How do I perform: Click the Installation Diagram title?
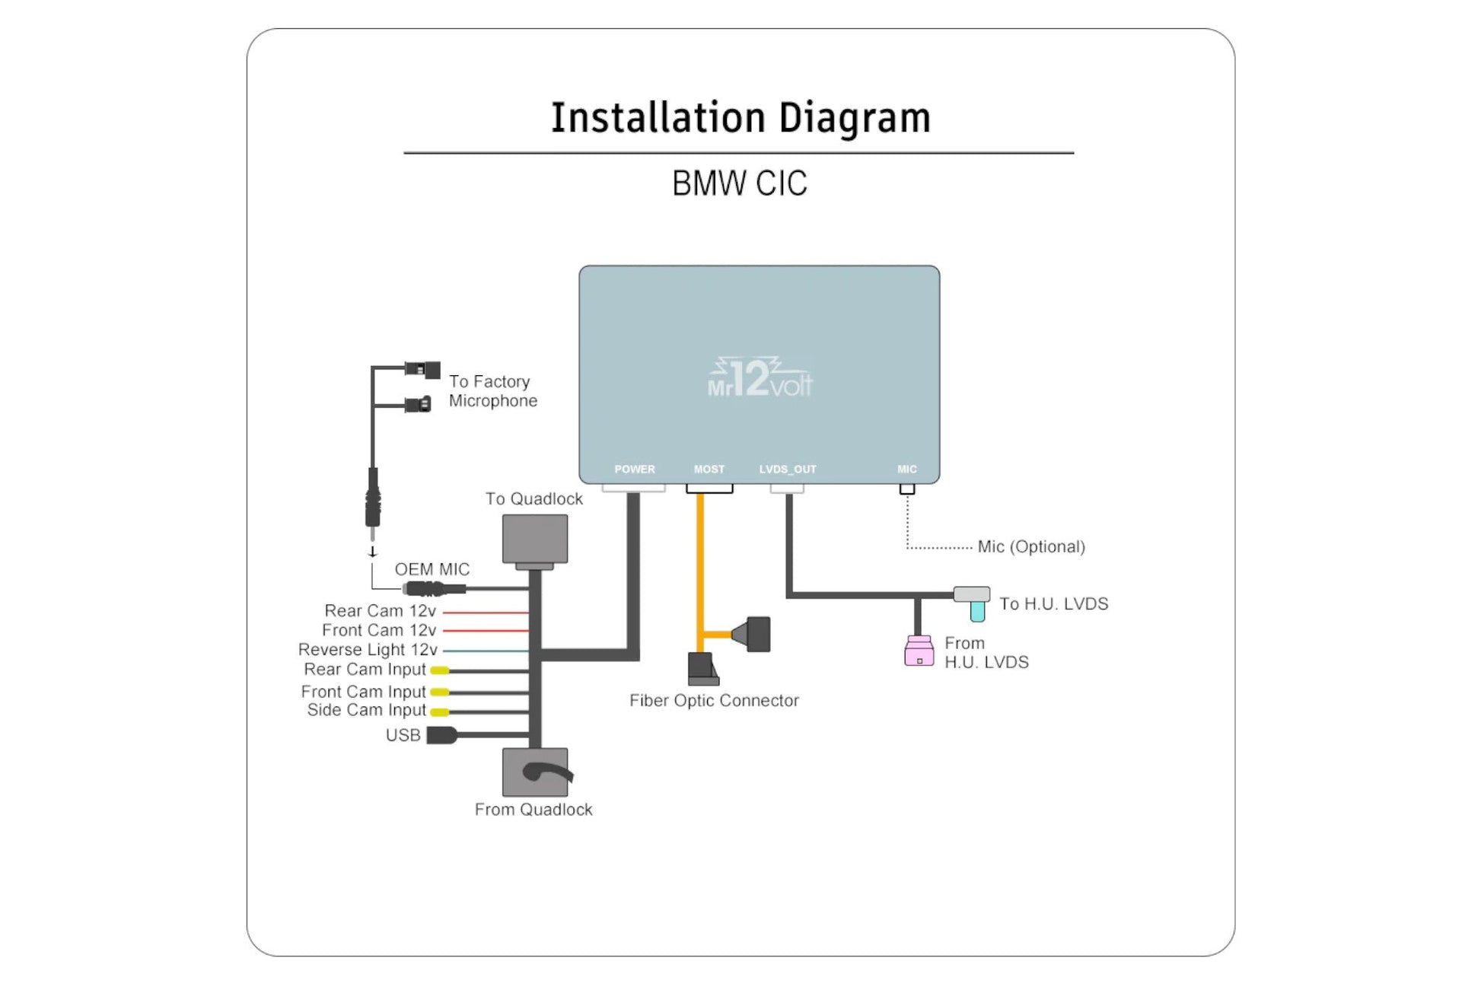click(x=740, y=118)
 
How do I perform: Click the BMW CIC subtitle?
click(x=739, y=183)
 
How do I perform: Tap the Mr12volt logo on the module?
click(x=760, y=378)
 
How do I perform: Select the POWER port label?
click(x=634, y=470)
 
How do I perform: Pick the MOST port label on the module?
click(x=709, y=470)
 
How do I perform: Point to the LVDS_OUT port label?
click(x=787, y=470)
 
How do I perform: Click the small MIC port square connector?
click(x=906, y=489)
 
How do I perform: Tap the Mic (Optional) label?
click(x=1030, y=546)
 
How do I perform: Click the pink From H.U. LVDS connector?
click(x=919, y=651)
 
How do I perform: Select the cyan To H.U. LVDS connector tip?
click(x=977, y=610)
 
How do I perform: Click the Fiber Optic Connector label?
click(x=713, y=700)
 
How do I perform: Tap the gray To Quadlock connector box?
click(x=534, y=539)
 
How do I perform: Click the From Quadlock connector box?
click(x=534, y=772)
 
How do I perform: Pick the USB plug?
click(x=441, y=735)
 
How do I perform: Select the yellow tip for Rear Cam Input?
click(x=439, y=670)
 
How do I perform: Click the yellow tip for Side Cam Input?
click(x=439, y=712)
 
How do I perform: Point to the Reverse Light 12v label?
click(x=368, y=650)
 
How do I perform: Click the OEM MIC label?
click(x=432, y=569)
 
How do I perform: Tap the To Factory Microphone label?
click(x=492, y=391)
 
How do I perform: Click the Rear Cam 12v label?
click(x=380, y=611)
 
